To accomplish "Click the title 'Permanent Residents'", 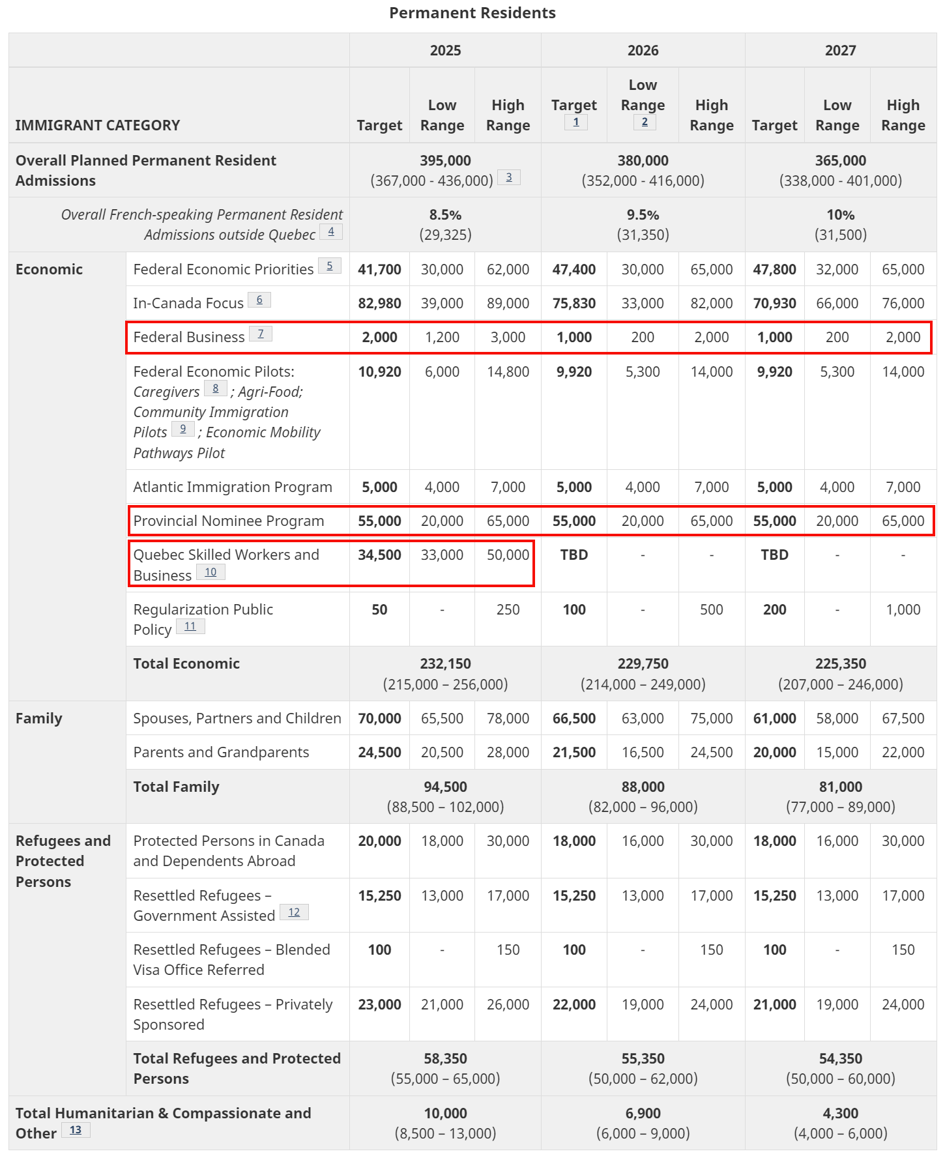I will tap(472, 13).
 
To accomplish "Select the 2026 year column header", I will tap(643, 50).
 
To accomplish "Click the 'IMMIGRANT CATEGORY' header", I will tap(98, 125).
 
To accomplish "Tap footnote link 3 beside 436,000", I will tap(509, 177).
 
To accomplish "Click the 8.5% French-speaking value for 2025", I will tap(445, 215).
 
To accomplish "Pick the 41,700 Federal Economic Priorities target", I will tap(379, 269).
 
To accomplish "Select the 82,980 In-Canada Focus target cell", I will tap(379, 303).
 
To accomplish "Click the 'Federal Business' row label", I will tap(189, 337).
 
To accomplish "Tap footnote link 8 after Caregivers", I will tap(216, 389).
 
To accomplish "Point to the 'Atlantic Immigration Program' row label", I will tap(233, 487).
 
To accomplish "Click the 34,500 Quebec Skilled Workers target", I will tap(379, 555).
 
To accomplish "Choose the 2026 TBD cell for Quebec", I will tap(574, 555).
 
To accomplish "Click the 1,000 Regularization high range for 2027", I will tap(903, 609).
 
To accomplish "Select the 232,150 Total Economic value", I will tap(445, 663).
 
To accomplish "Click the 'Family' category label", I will tap(39, 718).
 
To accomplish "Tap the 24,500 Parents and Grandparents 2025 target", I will tap(379, 752).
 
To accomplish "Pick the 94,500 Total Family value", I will tap(445, 787).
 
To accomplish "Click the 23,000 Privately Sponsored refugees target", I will tap(379, 1004).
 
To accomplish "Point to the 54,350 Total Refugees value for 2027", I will tap(840, 1058).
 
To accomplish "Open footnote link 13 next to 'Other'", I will tap(76, 1130).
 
